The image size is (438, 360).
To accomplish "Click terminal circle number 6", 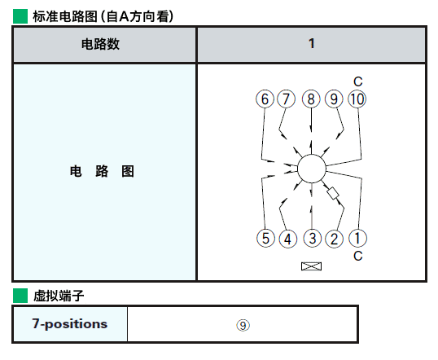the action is (x=265, y=99).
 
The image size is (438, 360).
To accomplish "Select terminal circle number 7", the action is (x=286, y=99).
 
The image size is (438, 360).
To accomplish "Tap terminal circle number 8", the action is (x=311, y=99).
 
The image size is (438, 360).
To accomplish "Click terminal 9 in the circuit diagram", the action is (x=334, y=99).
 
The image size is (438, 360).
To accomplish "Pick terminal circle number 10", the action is (x=357, y=99).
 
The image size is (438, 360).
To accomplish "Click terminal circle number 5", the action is (x=265, y=238).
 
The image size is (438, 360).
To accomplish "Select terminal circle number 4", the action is (x=287, y=239).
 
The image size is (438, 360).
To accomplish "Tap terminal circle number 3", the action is (x=313, y=238).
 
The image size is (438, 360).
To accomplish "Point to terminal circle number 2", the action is (x=335, y=239).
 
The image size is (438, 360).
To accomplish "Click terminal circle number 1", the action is (x=358, y=238).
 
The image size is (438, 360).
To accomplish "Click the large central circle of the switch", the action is (x=312, y=169).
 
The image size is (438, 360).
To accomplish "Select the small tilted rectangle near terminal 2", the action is (x=333, y=193).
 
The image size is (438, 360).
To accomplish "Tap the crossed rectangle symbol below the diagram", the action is (x=312, y=266).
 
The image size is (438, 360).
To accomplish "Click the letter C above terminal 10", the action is (x=358, y=81).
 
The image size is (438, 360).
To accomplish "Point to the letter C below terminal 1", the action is (x=358, y=256).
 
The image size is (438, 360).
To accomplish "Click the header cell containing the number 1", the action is (x=312, y=44).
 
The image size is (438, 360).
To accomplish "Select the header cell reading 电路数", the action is (x=104, y=44).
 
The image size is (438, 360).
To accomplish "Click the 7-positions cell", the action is (x=70, y=324).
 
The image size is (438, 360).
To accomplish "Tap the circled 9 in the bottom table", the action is (x=243, y=325).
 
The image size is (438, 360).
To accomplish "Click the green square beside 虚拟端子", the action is (x=20, y=296).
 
